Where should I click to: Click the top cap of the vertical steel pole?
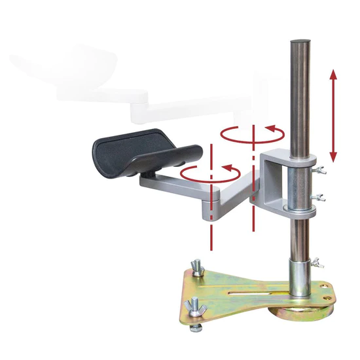coord(300,42)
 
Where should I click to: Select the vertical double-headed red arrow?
coord(333,117)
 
